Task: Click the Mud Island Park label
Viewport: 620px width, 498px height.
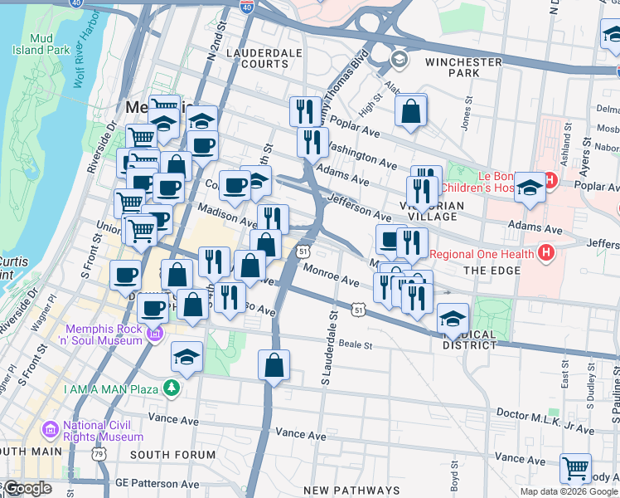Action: click(x=41, y=45)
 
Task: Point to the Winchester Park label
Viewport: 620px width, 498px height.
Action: click(x=463, y=67)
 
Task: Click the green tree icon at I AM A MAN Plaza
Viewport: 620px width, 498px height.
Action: click(x=171, y=387)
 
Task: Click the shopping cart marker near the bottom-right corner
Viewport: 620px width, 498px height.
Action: click(x=575, y=468)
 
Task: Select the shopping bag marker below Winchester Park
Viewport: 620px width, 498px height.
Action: click(x=410, y=111)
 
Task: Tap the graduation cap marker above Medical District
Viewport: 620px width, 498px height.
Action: click(x=453, y=319)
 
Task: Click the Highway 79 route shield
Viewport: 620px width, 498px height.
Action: click(x=99, y=454)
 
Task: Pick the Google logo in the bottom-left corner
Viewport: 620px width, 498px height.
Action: click(x=27, y=488)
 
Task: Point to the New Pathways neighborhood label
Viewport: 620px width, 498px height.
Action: click(x=351, y=491)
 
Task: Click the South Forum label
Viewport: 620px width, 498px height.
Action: click(x=172, y=455)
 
